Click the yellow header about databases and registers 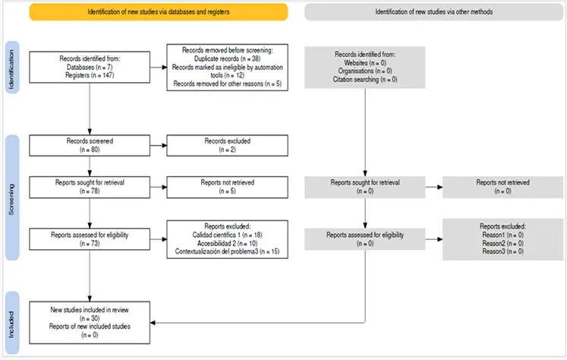tap(159, 12)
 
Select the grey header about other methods tap(433, 12)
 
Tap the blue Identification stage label tap(12, 68)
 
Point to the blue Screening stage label tap(12, 197)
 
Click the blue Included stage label tap(12, 323)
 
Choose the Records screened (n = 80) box tap(90, 146)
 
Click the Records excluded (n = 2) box tap(228, 146)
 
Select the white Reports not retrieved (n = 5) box tap(228, 187)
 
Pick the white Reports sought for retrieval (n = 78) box tap(90, 187)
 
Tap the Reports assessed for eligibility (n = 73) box tap(90, 239)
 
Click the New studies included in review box tap(90, 323)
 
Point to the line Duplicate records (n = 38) tap(227, 58)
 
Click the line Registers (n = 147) tap(90, 75)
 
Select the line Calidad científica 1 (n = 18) tap(227, 235)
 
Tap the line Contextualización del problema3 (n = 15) tap(227, 251)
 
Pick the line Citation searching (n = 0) tap(365, 79)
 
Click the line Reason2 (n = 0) tap(502, 243)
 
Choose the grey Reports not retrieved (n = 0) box tap(502, 187)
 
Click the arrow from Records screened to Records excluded tap(159, 146)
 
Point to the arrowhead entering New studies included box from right tap(153, 323)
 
